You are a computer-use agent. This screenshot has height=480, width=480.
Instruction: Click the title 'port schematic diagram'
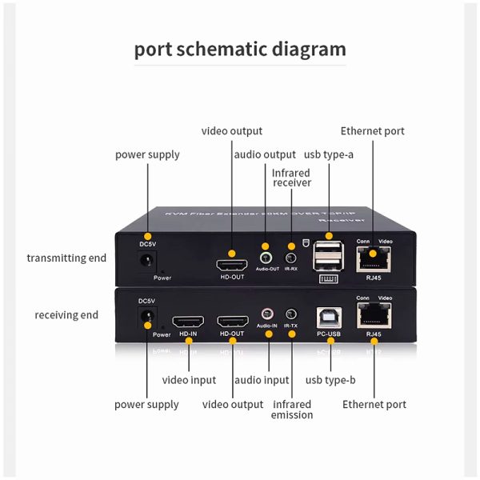(x=240, y=49)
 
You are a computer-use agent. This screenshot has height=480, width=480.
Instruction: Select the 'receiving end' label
(x=66, y=314)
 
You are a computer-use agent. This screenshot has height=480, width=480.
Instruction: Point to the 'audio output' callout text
(x=264, y=154)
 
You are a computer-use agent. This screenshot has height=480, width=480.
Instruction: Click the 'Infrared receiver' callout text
(x=291, y=178)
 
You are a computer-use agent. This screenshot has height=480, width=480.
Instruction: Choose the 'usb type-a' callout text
(x=329, y=154)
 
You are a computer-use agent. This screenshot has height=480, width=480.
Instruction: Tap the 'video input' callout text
(x=189, y=380)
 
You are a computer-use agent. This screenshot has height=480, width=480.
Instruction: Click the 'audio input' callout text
(x=265, y=380)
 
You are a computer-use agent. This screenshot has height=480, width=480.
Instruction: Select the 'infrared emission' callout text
(x=292, y=409)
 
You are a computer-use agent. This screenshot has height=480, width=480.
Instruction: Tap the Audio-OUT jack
(x=267, y=259)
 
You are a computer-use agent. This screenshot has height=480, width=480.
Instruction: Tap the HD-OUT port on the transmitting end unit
(x=232, y=264)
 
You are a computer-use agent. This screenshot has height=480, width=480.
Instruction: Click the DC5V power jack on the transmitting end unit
(x=146, y=259)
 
